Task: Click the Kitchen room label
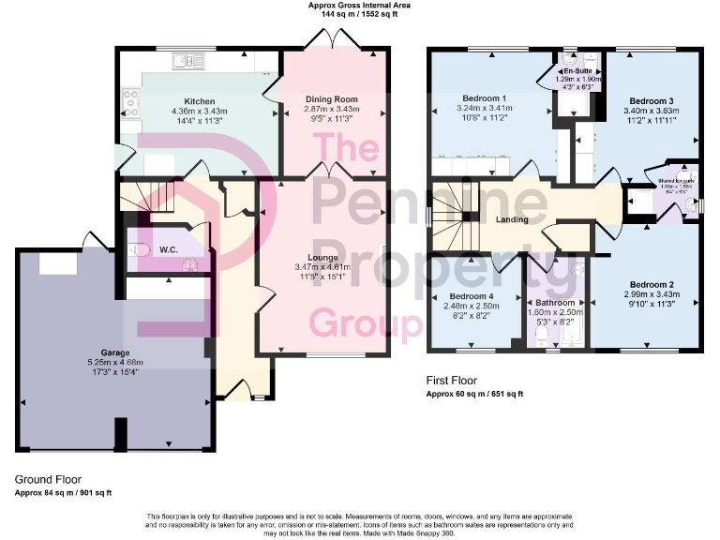[x=200, y=101]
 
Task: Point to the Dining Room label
[x=331, y=98]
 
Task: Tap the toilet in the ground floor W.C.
[x=138, y=250]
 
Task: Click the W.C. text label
[x=169, y=250]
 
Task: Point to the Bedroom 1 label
[x=484, y=97]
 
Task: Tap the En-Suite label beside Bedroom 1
[x=574, y=70]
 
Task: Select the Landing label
[x=512, y=220]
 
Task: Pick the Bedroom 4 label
[x=472, y=296]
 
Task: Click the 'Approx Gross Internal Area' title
[x=359, y=6]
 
